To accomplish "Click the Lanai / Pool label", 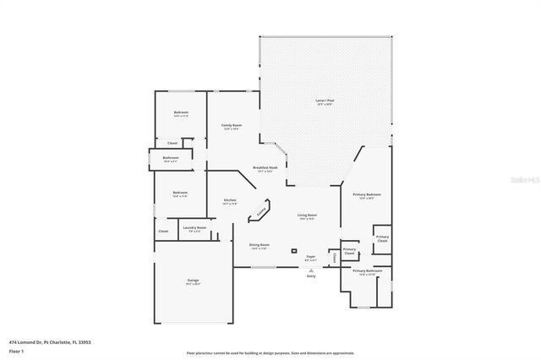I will [x=325, y=101].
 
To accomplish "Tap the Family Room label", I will [x=232, y=126].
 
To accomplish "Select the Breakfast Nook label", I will [x=265, y=168].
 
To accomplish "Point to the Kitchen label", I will [x=229, y=201].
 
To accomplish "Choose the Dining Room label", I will [x=259, y=245].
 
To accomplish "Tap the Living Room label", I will [x=307, y=215].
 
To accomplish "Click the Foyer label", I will [x=310, y=256].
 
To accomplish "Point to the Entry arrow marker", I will [x=310, y=270].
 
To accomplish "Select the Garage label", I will [x=193, y=281].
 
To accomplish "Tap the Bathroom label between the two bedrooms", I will [x=171, y=158].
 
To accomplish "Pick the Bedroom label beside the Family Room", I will [x=181, y=113].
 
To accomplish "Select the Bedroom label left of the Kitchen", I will [x=179, y=194].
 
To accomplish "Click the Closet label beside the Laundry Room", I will [x=163, y=231].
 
